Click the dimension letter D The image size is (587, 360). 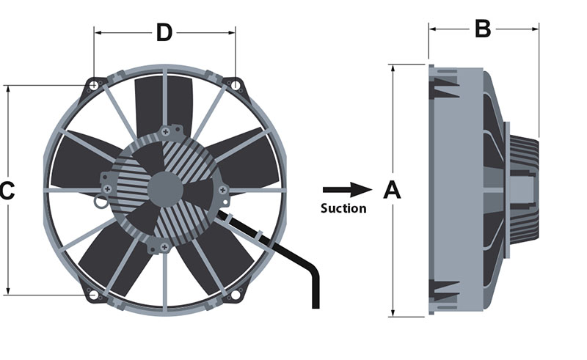point(164,32)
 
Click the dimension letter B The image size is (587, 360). point(482,29)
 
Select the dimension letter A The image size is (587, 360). point(393,190)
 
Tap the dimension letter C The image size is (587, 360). point(7,191)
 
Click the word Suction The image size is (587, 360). point(343,208)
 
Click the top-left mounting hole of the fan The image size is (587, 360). point(94,85)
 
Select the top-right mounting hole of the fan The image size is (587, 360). point(235,85)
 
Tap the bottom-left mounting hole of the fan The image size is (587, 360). point(93,295)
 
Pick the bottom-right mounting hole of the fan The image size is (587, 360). point(235,295)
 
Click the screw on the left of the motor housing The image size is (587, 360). point(108,188)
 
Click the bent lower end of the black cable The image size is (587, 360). point(316,290)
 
